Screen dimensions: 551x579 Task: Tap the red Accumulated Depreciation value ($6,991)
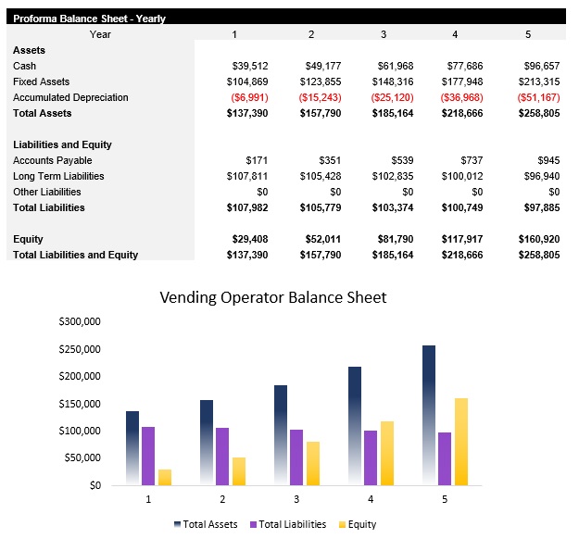[248, 97]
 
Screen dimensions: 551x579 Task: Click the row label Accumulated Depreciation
[70, 97]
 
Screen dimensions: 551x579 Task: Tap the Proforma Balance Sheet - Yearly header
[89, 18]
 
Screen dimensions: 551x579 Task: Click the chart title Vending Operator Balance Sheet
[272, 297]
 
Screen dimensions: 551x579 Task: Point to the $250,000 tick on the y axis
[79, 349]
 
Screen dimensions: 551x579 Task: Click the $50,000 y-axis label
[82, 457]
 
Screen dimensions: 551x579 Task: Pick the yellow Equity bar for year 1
[165, 477]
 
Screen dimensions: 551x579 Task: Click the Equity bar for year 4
[387, 453]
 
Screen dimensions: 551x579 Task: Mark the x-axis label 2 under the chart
[222, 499]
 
